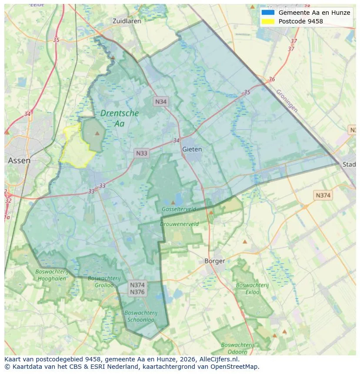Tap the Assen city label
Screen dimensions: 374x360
click(x=19, y=160)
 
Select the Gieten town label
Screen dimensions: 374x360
click(x=192, y=149)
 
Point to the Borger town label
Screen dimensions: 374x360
click(x=215, y=261)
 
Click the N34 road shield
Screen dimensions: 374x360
click(x=161, y=102)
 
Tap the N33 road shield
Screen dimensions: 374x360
click(x=142, y=153)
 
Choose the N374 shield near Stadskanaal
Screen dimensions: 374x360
click(x=323, y=195)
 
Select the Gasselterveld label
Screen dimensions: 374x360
click(x=179, y=209)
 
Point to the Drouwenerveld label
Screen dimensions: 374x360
click(x=179, y=224)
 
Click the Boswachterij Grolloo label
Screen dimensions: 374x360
click(x=101, y=281)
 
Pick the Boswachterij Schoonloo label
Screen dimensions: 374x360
click(x=141, y=316)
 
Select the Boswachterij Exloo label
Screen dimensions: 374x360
click(x=253, y=288)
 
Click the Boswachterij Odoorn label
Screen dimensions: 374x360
click(x=237, y=348)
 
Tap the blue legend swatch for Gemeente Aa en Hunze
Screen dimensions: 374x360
click(x=268, y=13)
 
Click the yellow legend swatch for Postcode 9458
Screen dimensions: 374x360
click(x=268, y=21)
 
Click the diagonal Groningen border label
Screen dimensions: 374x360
click(x=287, y=101)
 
